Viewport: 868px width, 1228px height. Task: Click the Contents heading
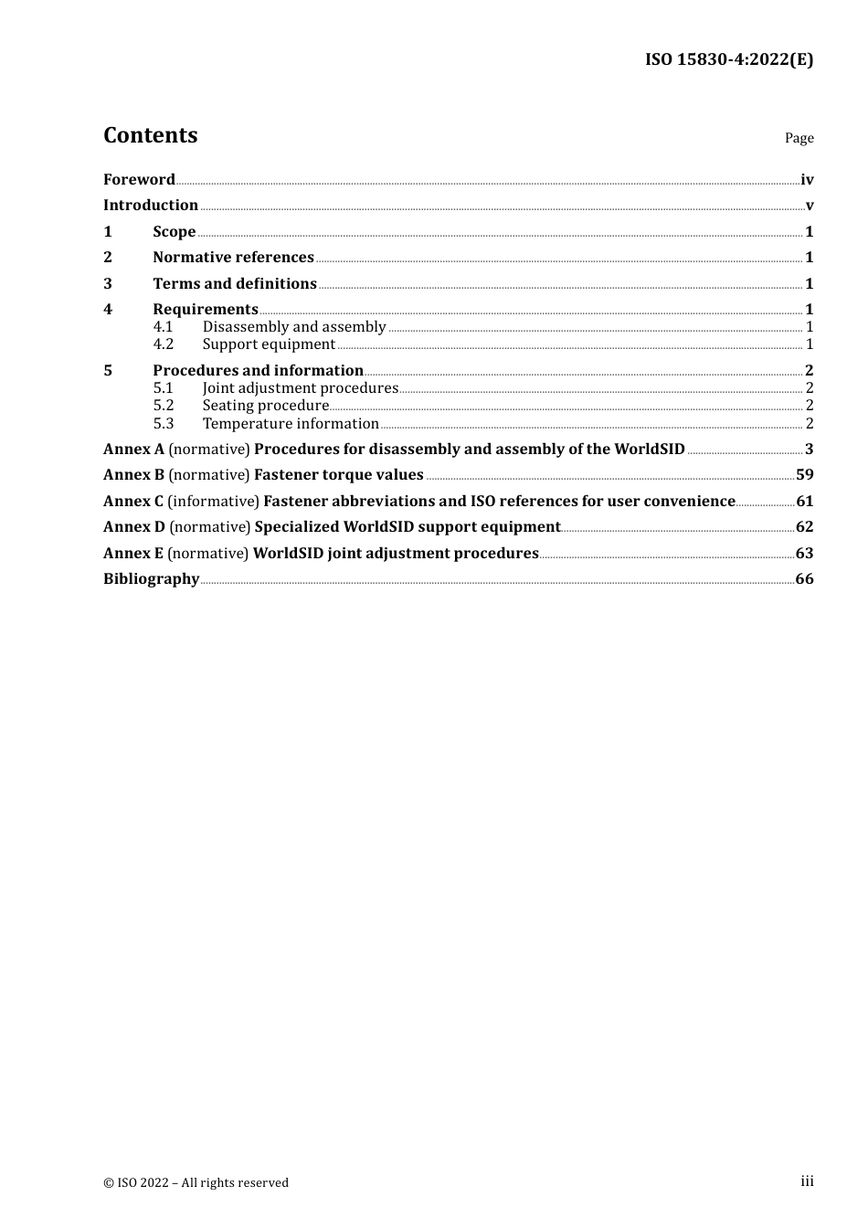coord(150,135)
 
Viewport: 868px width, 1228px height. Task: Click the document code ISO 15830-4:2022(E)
coord(728,59)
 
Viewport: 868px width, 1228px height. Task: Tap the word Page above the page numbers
coord(799,138)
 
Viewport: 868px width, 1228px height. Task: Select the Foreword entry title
coord(139,180)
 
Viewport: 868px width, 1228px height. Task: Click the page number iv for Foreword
coord(807,180)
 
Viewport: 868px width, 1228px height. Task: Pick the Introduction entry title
coord(151,206)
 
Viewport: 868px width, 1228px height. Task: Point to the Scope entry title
coord(174,232)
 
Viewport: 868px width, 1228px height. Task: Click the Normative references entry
coord(233,258)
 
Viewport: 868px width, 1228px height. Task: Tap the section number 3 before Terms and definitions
coord(108,284)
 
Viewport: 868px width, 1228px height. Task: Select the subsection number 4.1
coord(163,327)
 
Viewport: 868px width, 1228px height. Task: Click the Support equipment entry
coord(269,344)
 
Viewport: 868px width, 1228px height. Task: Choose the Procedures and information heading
coord(258,371)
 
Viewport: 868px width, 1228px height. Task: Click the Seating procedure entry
coord(265,406)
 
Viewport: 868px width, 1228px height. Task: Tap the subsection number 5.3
coord(163,424)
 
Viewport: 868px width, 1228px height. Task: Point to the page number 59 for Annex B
coord(804,475)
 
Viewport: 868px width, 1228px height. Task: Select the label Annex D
coord(133,527)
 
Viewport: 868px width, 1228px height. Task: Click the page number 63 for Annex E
coord(804,554)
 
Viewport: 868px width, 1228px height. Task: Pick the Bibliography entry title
coord(151,579)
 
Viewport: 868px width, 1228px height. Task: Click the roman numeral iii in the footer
coord(807,1181)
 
